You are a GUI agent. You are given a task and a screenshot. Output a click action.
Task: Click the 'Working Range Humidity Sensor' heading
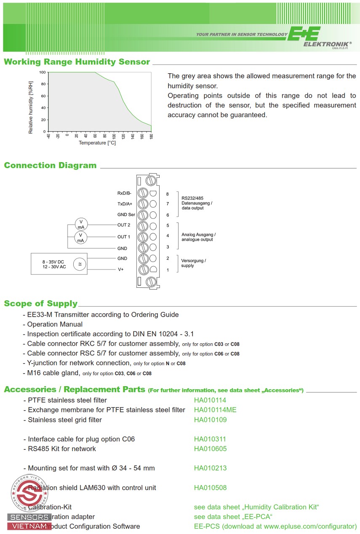click(x=77, y=62)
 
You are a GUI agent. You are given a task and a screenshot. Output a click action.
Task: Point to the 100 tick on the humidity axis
click(x=43, y=72)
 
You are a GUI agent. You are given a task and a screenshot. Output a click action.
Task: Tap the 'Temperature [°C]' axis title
click(x=97, y=143)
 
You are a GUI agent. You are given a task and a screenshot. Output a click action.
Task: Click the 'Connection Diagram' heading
click(x=50, y=166)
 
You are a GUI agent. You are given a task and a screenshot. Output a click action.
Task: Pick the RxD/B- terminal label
click(x=125, y=193)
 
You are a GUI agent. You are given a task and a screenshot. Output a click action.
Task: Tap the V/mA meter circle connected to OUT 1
click(x=81, y=237)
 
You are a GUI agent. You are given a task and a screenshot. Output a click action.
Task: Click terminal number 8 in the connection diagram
click(x=168, y=194)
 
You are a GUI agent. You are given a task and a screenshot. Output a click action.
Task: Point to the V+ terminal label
click(x=121, y=270)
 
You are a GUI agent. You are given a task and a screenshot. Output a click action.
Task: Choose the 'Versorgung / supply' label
click(x=194, y=263)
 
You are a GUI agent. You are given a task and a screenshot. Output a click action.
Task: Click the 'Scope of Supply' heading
click(x=41, y=304)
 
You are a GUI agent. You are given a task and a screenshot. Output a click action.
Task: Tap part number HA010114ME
click(x=215, y=410)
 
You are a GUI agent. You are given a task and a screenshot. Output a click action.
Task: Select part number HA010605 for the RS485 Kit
click(x=210, y=449)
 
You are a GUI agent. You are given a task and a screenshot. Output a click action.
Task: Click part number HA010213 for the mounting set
click(x=210, y=468)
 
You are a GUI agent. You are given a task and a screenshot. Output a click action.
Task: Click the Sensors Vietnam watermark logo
click(x=29, y=501)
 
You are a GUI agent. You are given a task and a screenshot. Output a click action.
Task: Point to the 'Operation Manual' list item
click(x=55, y=324)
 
